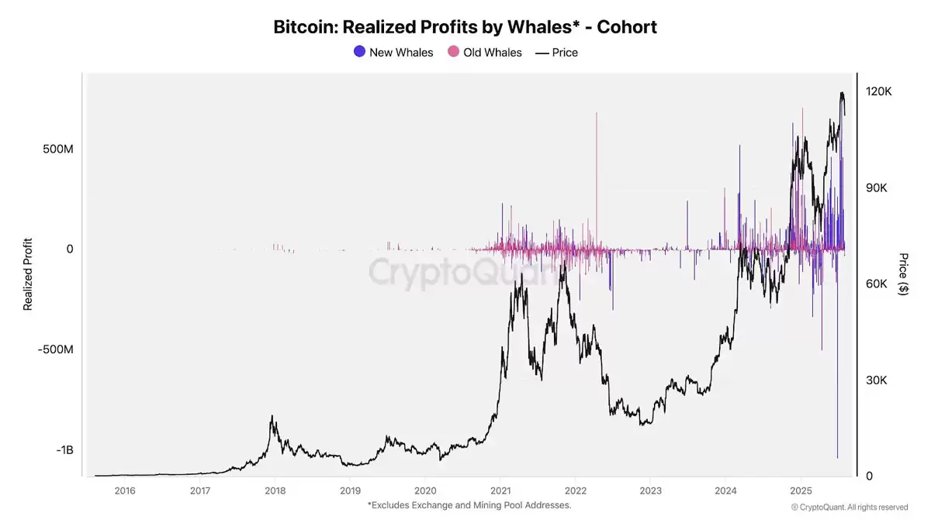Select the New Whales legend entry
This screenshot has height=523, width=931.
click(x=393, y=53)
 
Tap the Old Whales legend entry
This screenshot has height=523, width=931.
click(x=485, y=53)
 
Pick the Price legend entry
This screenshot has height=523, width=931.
click(x=556, y=53)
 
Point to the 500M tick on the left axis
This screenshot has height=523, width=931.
click(x=57, y=149)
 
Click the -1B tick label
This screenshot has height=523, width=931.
click(x=63, y=450)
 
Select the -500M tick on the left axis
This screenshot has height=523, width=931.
click(x=56, y=349)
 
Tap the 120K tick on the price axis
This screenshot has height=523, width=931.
click(x=879, y=91)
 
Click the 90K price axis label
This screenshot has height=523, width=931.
click(x=879, y=188)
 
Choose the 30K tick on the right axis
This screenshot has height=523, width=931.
click(x=879, y=380)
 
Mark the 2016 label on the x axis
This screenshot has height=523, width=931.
click(x=124, y=490)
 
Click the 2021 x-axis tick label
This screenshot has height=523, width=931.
click(x=500, y=490)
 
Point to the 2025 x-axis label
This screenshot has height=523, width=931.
click(x=801, y=490)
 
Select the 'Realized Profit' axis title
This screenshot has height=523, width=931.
click(x=28, y=274)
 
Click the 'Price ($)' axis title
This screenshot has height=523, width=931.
click(x=903, y=274)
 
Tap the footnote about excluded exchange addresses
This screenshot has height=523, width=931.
click(x=469, y=505)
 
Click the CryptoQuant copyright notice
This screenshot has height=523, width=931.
click(x=849, y=508)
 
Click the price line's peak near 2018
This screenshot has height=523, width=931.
click(x=272, y=416)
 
